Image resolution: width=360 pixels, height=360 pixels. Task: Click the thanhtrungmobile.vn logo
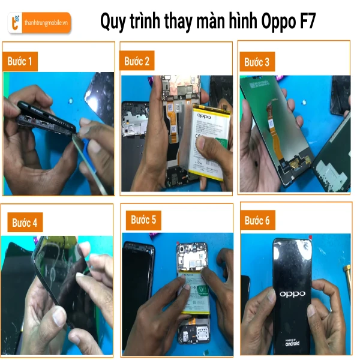[x=39, y=23]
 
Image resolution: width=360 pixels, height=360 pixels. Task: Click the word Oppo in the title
[x=278, y=22]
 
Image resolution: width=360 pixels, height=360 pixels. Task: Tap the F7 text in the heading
[x=308, y=21]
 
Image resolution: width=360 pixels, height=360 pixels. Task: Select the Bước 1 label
[x=20, y=61]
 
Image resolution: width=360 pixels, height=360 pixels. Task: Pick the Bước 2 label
[x=137, y=61]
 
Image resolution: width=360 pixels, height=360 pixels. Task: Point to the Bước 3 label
[x=257, y=62]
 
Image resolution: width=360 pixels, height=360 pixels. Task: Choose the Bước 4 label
[x=25, y=223]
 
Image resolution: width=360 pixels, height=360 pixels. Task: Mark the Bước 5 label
[x=143, y=220]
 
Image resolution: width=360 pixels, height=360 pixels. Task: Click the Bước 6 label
[x=257, y=220]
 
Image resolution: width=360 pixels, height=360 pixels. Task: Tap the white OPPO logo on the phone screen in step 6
[x=292, y=294]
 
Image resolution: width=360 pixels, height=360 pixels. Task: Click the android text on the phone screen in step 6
[x=292, y=343]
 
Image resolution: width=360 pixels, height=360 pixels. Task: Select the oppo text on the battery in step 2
[x=204, y=116]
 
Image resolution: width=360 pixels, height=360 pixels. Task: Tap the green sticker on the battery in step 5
[x=203, y=290]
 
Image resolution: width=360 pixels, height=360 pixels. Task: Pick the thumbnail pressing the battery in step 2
[x=202, y=143]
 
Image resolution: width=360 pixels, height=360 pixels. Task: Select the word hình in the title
[x=244, y=20]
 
